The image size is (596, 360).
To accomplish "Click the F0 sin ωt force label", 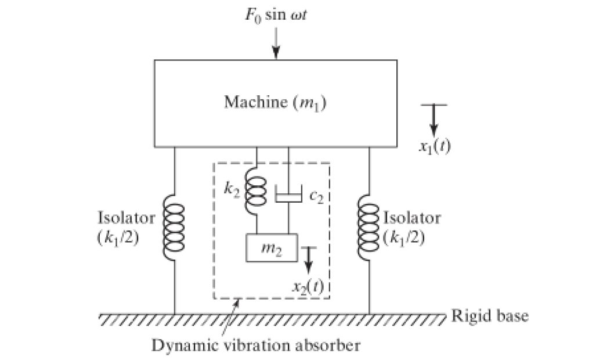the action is click(x=276, y=15).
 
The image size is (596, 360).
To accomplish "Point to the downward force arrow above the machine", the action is click(x=276, y=44).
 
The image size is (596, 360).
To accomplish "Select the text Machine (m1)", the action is click(x=275, y=103).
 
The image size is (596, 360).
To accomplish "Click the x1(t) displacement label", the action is click(x=435, y=146).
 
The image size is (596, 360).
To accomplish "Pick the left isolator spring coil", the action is click(x=174, y=228).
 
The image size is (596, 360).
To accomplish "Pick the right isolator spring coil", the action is click(x=369, y=228).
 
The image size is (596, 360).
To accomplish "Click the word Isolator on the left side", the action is click(x=127, y=218).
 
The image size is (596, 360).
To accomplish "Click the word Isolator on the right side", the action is click(x=412, y=218).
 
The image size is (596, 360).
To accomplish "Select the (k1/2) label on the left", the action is click(x=118, y=238).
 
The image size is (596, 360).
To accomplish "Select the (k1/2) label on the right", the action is click(x=404, y=238).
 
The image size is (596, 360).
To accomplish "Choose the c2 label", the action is click(x=316, y=196).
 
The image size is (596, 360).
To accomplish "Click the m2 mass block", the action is click(x=272, y=248).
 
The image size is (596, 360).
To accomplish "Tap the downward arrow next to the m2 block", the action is click(x=309, y=260).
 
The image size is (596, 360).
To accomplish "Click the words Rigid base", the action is click(x=490, y=316).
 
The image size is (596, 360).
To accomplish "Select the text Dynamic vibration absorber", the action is click(x=256, y=345).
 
